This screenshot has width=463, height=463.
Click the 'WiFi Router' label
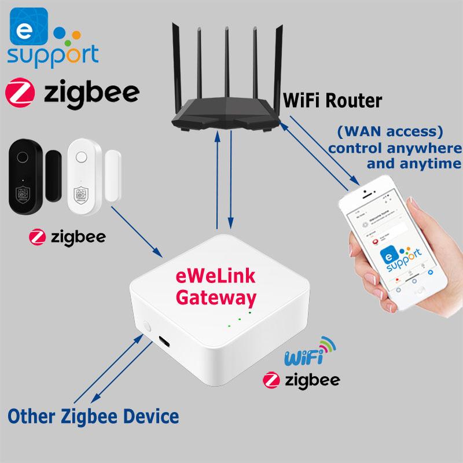pos(332,101)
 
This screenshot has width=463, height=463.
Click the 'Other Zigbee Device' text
pos(93,416)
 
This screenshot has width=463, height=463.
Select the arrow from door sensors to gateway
pos(136,231)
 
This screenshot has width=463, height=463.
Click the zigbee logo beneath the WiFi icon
pos(300,379)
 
